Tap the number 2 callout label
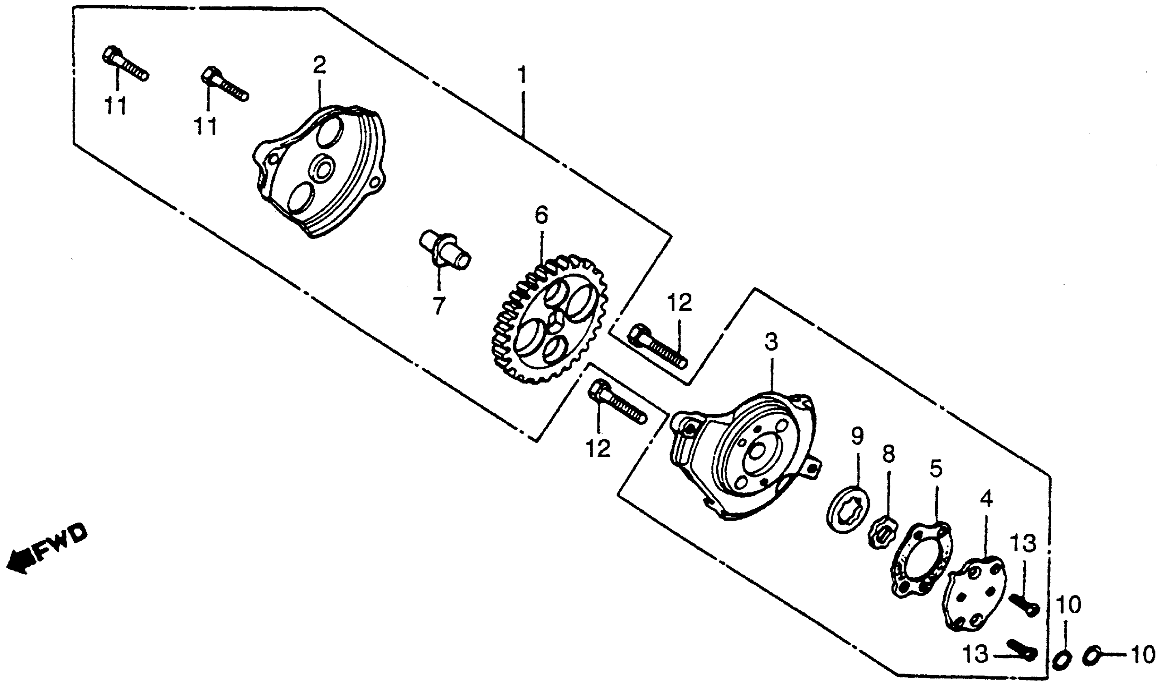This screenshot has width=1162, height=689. (319, 66)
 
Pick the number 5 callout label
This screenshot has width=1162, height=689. (936, 469)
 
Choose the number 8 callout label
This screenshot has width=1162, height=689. (888, 454)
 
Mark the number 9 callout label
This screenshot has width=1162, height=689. (857, 436)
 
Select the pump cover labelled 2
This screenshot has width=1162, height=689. (320, 172)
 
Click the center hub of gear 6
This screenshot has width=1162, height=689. (555, 320)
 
